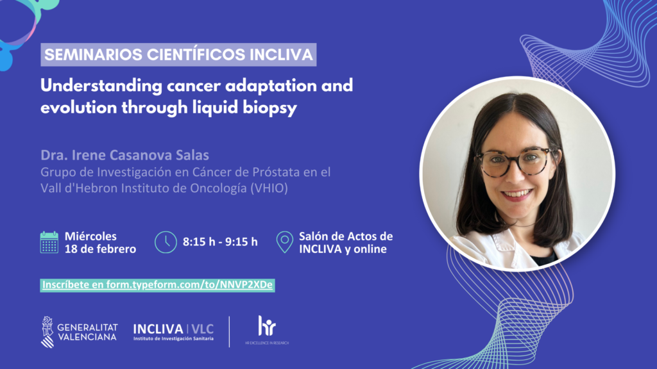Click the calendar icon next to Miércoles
[49, 242]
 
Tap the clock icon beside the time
[166, 242]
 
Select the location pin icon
[284, 242]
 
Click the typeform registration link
[158, 285]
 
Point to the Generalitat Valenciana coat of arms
[47, 332]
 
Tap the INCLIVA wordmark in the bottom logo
[158, 329]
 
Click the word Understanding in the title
[101, 86]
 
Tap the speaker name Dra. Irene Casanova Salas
[125, 155]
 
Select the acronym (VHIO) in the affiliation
[269, 188]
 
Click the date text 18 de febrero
[101, 249]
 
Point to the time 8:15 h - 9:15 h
[221, 242]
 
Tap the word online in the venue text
[370, 249]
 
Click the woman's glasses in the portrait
[518, 161]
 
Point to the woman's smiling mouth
[516, 195]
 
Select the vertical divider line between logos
[229, 332]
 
